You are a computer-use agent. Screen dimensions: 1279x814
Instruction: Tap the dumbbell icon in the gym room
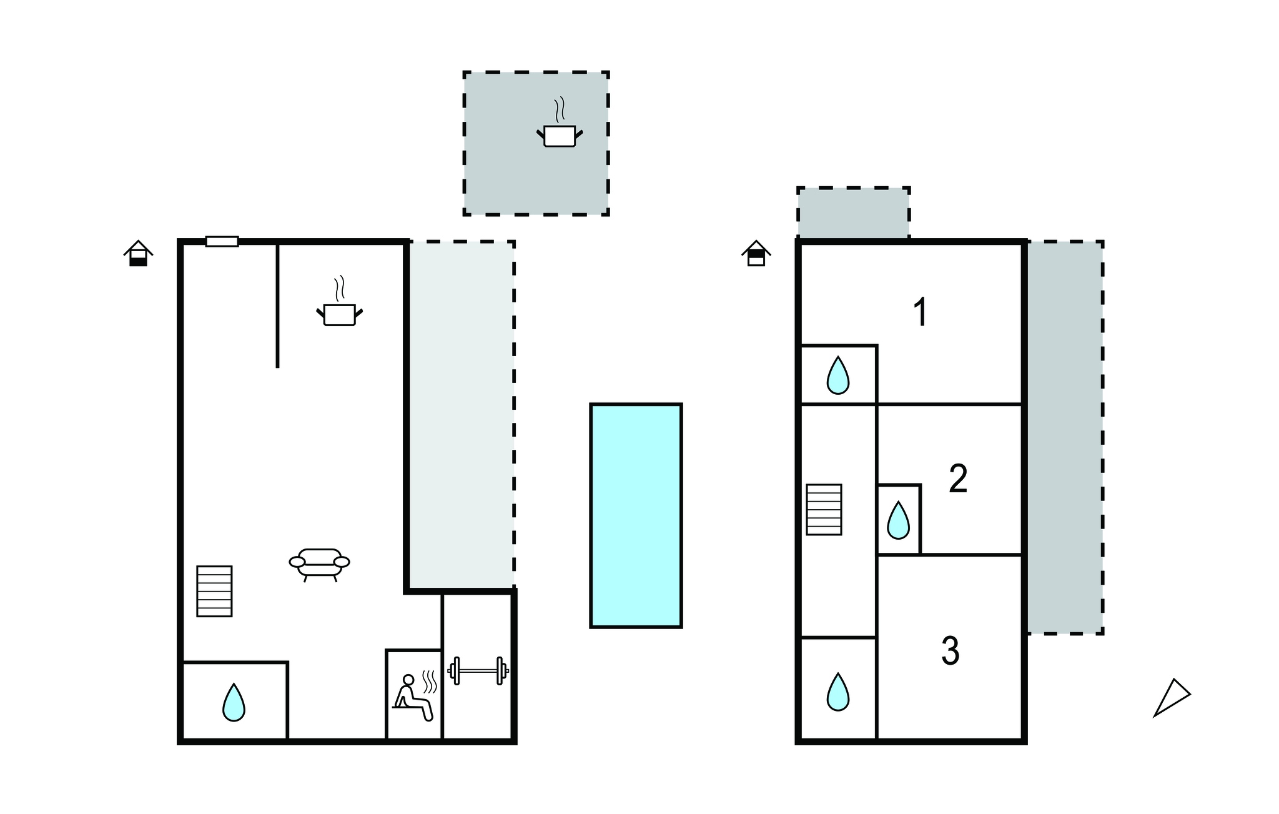click(x=478, y=671)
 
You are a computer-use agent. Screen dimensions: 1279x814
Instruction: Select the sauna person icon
click(x=415, y=697)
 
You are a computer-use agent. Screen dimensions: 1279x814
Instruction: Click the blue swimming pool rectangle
click(x=636, y=515)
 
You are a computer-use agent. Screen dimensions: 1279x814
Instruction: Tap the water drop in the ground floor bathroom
click(x=234, y=702)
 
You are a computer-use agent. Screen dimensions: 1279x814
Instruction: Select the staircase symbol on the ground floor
click(x=214, y=591)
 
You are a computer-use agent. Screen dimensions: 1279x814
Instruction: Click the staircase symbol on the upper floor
click(x=824, y=509)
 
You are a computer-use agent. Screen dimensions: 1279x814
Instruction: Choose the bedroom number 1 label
click(x=921, y=312)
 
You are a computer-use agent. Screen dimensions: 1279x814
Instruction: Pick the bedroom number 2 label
click(x=958, y=479)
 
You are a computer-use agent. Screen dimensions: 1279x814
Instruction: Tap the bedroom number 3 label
click(x=950, y=651)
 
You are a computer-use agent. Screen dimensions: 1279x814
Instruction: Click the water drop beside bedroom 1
click(x=837, y=375)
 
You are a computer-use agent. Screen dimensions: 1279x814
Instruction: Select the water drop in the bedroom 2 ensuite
click(x=898, y=520)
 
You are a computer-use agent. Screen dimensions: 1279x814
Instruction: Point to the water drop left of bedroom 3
click(x=837, y=692)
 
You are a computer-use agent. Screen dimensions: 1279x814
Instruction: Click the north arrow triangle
click(x=1171, y=697)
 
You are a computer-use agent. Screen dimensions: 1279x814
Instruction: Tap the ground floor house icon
click(x=138, y=253)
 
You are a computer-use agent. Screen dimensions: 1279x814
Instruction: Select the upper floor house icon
click(x=756, y=253)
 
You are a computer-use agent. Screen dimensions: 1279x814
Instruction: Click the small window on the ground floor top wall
click(x=222, y=241)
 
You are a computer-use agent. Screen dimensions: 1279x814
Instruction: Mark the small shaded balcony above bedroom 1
click(x=853, y=212)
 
